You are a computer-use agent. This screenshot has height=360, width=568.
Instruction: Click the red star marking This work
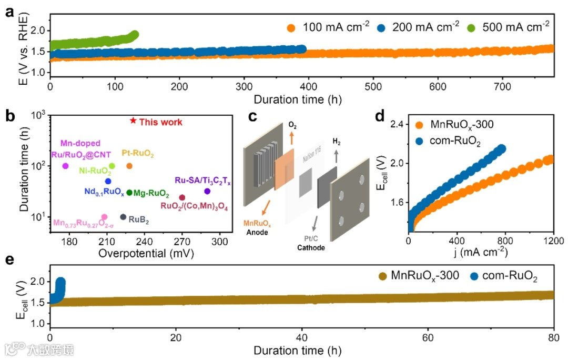click(x=133, y=121)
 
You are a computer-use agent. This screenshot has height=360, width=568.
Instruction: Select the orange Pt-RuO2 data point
click(x=129, y=166)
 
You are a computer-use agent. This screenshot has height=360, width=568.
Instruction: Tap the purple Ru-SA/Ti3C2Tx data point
click(x=207, y=191)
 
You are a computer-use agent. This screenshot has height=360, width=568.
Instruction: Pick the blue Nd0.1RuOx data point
click(x=108, y=181)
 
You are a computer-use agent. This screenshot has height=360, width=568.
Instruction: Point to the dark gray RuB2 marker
click(x=123, y=217)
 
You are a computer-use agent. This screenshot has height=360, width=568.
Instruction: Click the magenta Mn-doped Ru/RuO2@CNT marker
click(x=65, y=166)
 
